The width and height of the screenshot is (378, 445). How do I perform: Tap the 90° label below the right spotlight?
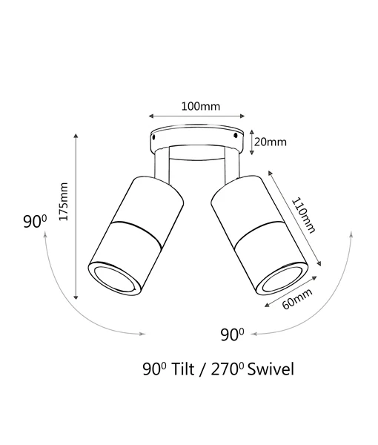232,334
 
